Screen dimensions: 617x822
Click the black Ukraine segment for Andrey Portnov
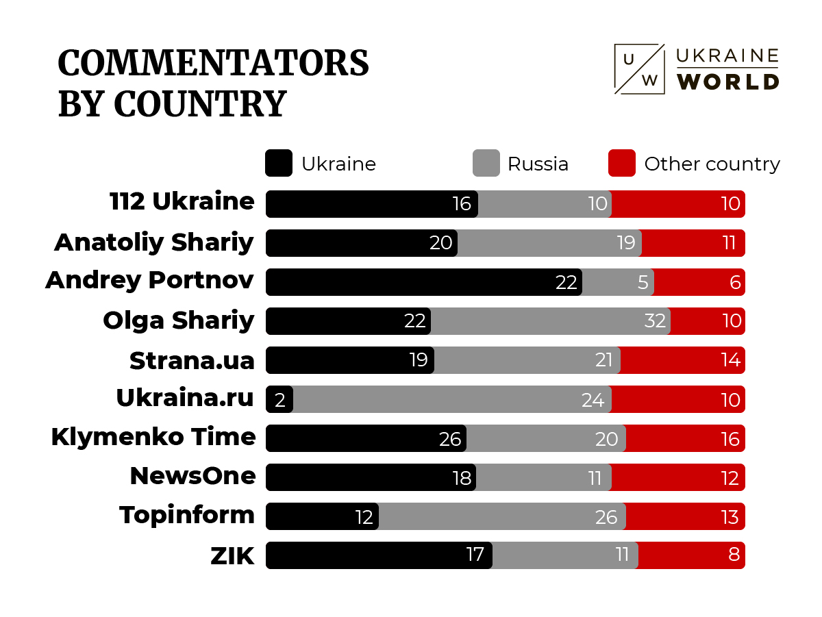pos(423,282)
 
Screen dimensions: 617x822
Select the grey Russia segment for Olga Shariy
pos(550,321)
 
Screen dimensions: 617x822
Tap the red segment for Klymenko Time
pos(685,438)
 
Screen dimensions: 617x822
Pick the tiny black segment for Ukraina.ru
pos(279,399)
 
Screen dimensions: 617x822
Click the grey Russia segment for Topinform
pos(502,516)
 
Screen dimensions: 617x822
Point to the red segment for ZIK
pos(691,555)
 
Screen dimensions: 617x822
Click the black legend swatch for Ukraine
pos(279,164)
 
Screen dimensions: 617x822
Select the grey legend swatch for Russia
pos(486,164)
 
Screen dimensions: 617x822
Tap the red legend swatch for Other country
pos(621,164)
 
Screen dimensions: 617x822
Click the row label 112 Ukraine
pos(182,202)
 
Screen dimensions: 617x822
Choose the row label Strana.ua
pos(192,361)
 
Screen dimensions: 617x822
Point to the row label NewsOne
pos(192,476)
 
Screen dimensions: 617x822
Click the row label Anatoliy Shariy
pos(154,242)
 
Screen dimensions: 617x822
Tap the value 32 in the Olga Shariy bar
pos(655,321)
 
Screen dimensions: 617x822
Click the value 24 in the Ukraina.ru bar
pos(593,400)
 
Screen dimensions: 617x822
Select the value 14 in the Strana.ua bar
pos(730,361)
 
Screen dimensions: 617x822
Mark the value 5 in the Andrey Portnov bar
pos(643,282)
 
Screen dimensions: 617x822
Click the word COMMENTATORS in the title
pos(213,64)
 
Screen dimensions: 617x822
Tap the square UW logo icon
pos(639,69)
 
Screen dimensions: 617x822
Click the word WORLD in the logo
pos(727,81)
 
